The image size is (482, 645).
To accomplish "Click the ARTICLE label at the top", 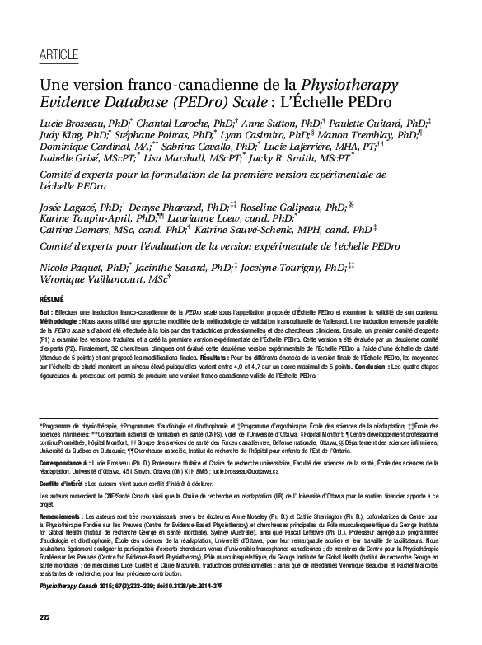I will [58, 56].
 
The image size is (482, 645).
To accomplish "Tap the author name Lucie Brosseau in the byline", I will [73, 122].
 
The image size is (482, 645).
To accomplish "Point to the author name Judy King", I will [63, 135].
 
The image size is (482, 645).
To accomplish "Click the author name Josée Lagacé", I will [68, 209].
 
